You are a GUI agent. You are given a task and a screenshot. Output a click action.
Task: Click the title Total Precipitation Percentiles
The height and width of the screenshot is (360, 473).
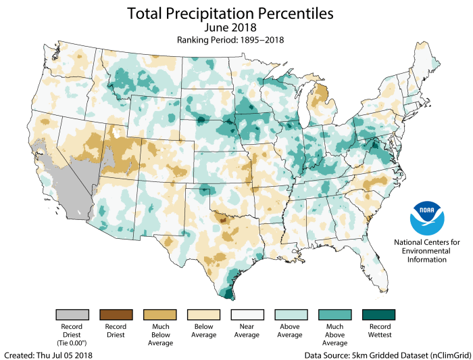[x=236, y=13]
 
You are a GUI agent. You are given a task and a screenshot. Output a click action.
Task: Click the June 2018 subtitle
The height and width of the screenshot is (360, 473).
[x=236, y=28]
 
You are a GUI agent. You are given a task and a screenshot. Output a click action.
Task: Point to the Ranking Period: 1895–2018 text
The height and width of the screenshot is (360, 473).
[x=236, y=39]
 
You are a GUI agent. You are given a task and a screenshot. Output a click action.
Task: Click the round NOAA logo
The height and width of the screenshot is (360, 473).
[x=427, y=218]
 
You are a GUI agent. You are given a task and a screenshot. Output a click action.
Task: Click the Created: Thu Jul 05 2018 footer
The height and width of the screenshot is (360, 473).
[x=49, y=354]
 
